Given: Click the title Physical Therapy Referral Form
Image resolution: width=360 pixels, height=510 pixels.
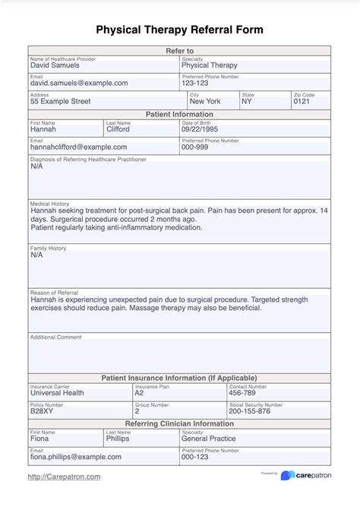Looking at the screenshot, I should point(179,30).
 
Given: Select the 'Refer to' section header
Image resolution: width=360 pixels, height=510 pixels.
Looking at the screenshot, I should point(179,50).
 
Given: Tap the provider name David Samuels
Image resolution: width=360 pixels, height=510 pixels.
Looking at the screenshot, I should point(55,65).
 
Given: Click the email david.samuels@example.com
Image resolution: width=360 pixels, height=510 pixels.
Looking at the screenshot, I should point(79,83).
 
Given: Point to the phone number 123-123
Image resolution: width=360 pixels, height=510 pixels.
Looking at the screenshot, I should point(195,83).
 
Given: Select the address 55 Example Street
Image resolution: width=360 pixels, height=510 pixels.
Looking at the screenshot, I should point(60,101).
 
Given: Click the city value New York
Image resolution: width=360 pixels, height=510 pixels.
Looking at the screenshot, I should point(205,101).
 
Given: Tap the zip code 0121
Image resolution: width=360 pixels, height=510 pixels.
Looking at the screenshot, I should point(302,101).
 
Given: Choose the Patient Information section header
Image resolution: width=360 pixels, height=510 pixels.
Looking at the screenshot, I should point(179,115).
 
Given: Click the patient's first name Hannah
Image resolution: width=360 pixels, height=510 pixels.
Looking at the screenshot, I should point(43,129).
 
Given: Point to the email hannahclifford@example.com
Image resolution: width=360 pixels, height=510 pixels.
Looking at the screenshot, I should point(79,147).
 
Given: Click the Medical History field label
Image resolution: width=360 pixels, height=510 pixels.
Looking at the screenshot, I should point(49,204).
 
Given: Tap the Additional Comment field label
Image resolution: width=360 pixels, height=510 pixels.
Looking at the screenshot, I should point(55,337).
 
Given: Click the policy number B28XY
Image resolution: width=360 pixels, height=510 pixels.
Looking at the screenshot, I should point(43,411).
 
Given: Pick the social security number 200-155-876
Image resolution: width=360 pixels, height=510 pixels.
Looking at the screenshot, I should point(249,411).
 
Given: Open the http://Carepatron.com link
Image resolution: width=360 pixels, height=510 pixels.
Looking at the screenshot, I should point(64,477).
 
